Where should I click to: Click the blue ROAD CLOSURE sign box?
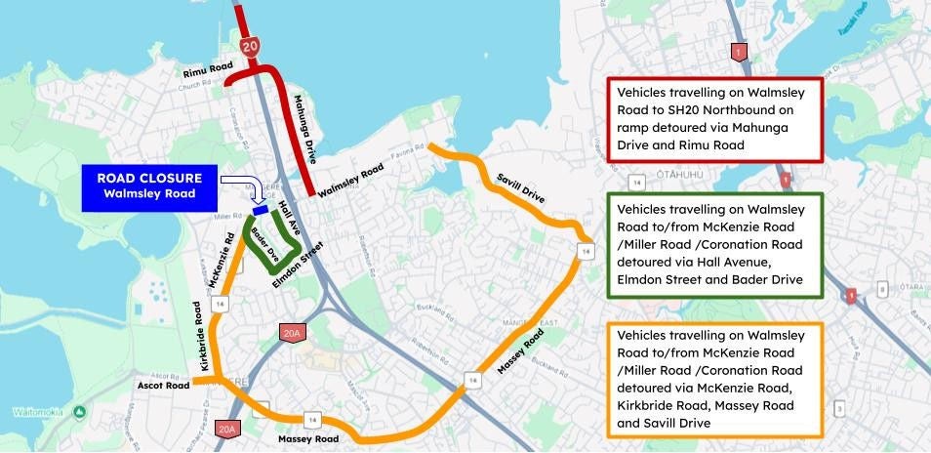pyautogui.click(x=149, y=185)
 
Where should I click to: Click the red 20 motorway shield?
pyautogui.click(x=249, y=46)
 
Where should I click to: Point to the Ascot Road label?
pyautogui.click(x=164, y=385)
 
